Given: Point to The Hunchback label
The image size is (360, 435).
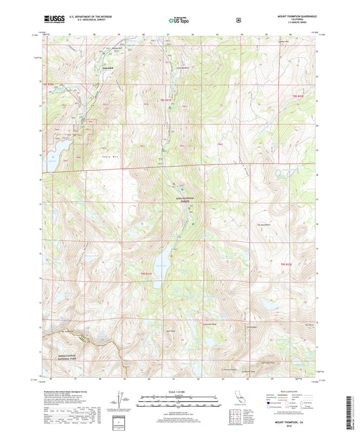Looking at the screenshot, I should coord(263,225).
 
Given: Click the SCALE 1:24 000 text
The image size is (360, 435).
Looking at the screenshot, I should coord(180,395).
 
